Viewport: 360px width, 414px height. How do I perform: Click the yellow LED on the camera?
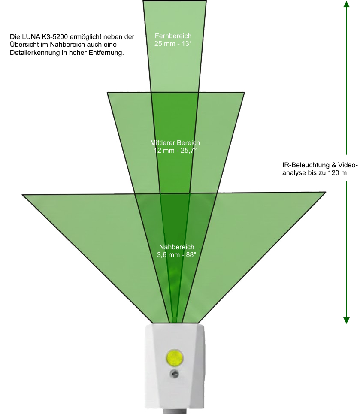tap(175, 357)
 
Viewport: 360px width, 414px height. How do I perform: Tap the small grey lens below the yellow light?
tap(175, 374)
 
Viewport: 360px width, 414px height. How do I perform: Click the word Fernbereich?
tap(173, 36)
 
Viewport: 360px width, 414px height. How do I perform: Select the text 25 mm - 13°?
tap(173, 43)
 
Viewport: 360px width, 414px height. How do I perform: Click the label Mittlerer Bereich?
tap(175, 143)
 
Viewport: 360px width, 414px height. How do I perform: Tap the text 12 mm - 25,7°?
tap(175, 150)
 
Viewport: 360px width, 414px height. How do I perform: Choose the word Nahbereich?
tap(176, 247)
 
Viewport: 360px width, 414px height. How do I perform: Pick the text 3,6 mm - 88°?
tap(176, 254)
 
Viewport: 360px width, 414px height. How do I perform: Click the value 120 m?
tap(337, 173)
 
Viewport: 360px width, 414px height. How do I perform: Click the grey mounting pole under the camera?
tap(174, 411)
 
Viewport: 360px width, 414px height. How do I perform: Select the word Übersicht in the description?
tap(24, 45)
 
